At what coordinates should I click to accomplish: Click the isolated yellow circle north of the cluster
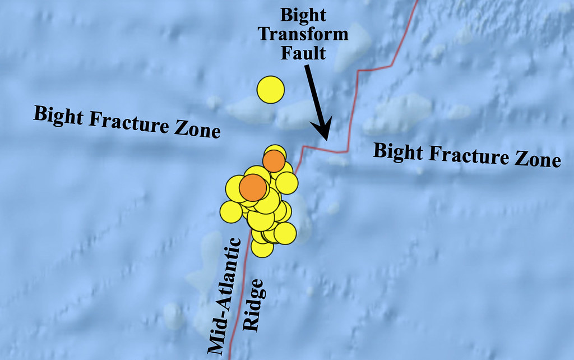pyautogui.click(x=271, y=90)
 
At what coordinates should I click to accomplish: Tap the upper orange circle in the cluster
pyautogui.click(x=274, y=161)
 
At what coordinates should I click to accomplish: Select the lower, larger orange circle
pyautogui.click(x=253, y=187)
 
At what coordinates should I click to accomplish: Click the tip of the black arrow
pyautogui.click(x=325, y=137)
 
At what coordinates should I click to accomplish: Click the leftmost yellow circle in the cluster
pyautogui.click(x=231, y=211)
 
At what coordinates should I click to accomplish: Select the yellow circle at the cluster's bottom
pyautogui.click(x=262, y=247)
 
